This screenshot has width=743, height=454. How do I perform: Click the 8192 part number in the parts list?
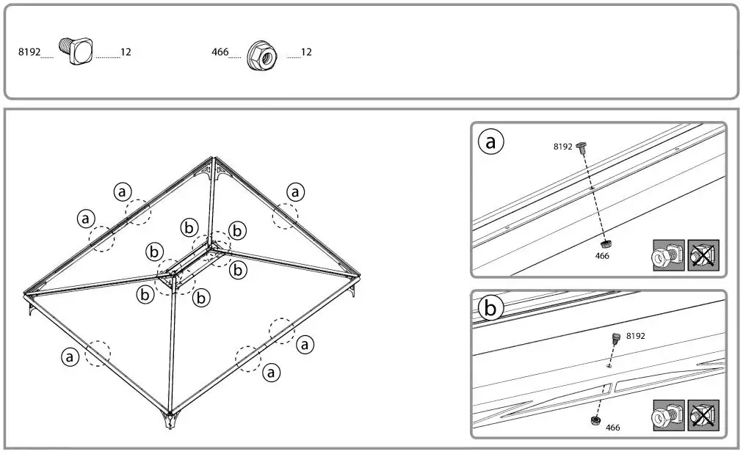pyautogui.click(x=29, y=53)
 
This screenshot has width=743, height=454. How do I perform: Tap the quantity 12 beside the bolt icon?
pyautogui.click(x=126, y=53)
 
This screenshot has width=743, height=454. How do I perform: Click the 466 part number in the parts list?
pyautogui.click(x=220, y=53)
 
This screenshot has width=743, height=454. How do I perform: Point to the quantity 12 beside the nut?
pyautogui.click(x=306, y=53)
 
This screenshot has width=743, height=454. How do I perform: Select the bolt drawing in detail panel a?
pyautogui.click(x=582, y=147)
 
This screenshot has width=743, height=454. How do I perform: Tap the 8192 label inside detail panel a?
pyautogui.click(x=562, y=147)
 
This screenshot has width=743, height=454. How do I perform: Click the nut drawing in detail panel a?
pyautogui.click(x=606, y=244)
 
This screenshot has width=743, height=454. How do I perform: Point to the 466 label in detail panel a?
pyautogui.click(x=602, y=256)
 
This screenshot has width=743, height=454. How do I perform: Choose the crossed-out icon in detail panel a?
pyautogui.click(x=703, y=256)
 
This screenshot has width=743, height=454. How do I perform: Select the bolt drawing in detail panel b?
pyautogui.click(x=617, y=337)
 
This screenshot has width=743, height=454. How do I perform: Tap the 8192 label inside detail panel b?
pyautogui.click(x=636, y=336)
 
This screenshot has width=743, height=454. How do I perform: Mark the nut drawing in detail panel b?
pyautogui.click(x=595, y=420)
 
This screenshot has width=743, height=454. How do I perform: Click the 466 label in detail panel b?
pyautogui.click(x=613, y=428)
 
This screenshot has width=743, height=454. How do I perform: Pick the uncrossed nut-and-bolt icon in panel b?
pyautogui.click(x=668, y=416)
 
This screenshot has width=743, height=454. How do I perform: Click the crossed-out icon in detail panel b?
pyautogui.click(x=703, y=416)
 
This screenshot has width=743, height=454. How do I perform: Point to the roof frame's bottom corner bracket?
pyautogui.click(x=170, y=421)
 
